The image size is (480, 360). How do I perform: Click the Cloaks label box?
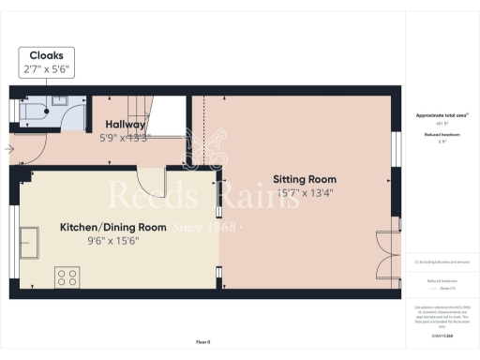pos(46,62)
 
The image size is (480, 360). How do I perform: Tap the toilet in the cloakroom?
pos(37,110)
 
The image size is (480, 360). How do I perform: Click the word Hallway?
pos(125,123)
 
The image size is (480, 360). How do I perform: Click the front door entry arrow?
pos(10,148)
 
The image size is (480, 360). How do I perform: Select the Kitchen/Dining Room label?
pos(113,227)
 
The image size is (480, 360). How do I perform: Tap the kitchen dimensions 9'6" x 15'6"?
pos(114,240)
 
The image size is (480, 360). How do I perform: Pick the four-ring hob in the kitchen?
pos(68,277)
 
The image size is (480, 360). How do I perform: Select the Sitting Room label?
pos(305,178)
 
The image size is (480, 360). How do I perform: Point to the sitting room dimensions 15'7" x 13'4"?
pos(305,193)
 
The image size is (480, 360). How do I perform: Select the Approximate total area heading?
pos(441,115)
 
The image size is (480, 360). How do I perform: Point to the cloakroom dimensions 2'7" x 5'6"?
pos(46,69)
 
